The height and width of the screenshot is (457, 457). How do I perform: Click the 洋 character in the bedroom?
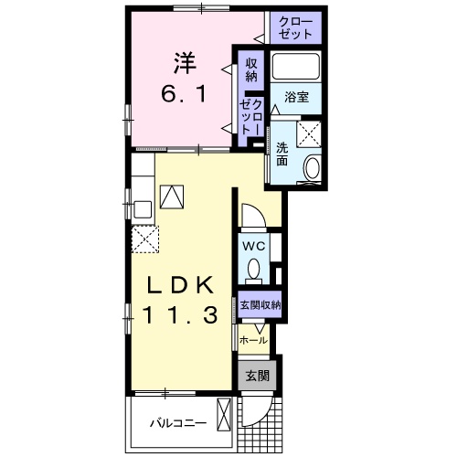[x=185, y=63]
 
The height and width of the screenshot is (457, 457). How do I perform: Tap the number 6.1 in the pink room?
[x=184, y=93]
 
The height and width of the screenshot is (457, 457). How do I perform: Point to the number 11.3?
[x=180, y=315]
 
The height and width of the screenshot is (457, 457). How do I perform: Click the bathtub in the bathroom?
[x=296, y=67]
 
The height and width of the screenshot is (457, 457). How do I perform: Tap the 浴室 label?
[x=296, y=98]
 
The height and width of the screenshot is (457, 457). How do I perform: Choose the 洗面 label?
[x=282, y=154]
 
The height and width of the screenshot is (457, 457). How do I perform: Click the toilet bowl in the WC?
[x=253, y=271]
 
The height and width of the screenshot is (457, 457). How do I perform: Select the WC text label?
[x=253, y=246]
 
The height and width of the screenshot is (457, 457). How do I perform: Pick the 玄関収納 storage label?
[x=260, y=305]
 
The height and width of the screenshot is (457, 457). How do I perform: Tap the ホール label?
[x=253, y=340]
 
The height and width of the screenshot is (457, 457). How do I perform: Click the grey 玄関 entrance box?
[x=258, y=376]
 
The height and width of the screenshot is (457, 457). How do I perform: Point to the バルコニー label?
[x=178, y=423]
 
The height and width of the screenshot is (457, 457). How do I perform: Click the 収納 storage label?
[x=251, y=70]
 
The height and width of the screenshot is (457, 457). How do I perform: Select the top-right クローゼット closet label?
[x=295, y=27]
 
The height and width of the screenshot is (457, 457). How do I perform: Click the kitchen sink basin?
[x=143, y=209]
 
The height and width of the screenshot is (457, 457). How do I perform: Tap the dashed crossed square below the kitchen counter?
[x=145, y=239]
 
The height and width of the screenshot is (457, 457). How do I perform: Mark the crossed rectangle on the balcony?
[x=224, y=414]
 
